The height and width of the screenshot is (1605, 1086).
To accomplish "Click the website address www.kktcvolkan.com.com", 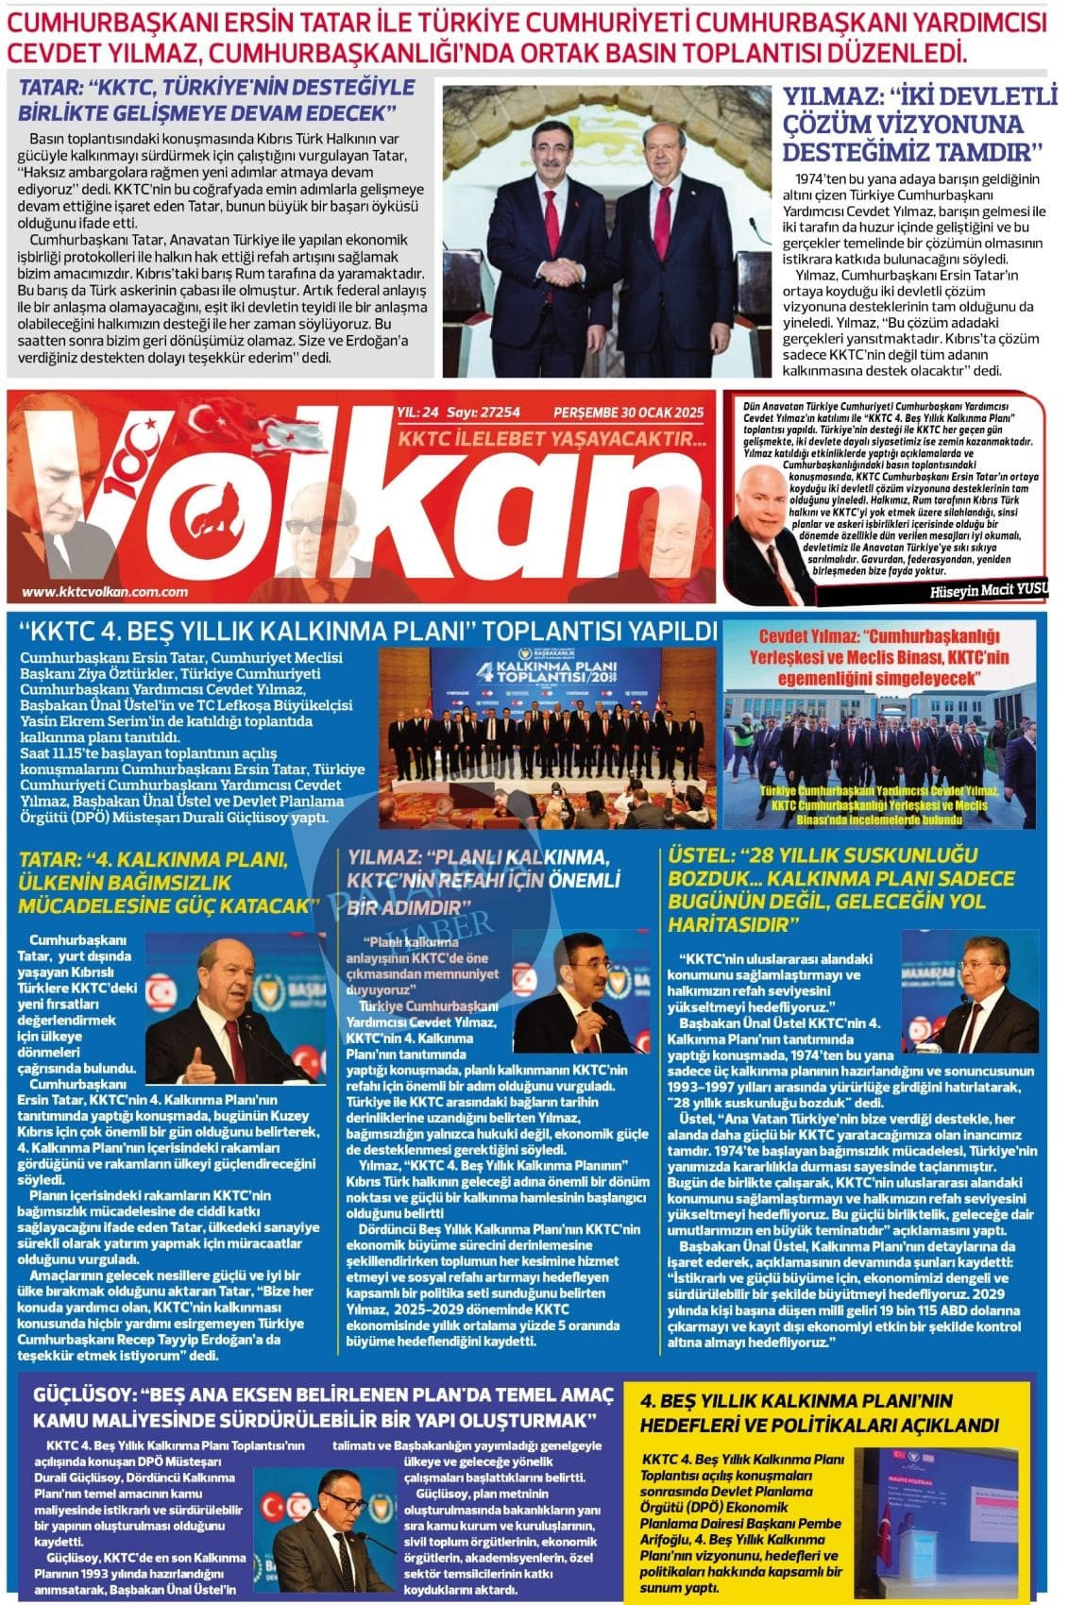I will (105, 592).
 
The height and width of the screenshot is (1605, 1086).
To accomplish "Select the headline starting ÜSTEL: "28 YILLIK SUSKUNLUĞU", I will (840, 887).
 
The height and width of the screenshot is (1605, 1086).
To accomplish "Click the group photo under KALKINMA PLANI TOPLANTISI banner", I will (548, 736).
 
